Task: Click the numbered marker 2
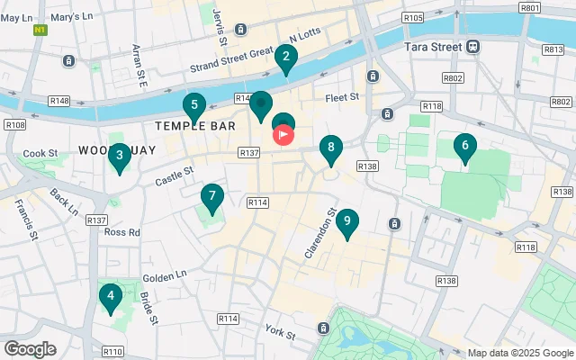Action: point(286,59)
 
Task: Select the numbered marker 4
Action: point(111,297)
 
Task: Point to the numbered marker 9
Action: point(348,223)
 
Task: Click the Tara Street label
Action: point(432,46)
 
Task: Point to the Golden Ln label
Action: point(164,275)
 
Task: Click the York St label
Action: point(280,334)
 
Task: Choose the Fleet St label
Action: point(343,96)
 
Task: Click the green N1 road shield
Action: point(40,30)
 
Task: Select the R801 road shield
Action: point(530,7)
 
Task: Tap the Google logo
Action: point(30,348)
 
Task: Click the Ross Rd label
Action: point(122,231)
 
